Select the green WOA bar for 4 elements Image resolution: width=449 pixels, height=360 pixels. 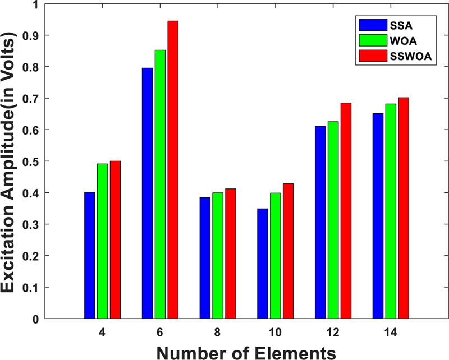pos(103,241)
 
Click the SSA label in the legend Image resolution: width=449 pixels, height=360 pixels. pos(400,25)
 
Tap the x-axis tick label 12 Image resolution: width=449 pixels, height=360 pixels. pos(333,333)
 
